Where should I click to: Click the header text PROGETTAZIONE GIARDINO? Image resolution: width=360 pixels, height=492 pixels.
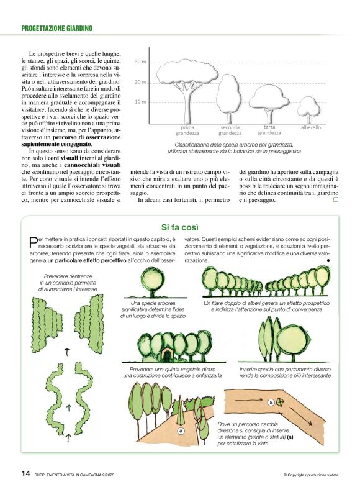[56, 28]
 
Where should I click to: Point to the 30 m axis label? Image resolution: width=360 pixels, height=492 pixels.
[140, 62]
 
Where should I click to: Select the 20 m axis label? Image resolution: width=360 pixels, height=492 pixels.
[140, 82]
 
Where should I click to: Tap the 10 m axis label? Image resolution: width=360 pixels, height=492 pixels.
[140, 101]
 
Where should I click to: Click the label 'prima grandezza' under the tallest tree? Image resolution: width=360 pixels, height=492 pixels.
[187, 130]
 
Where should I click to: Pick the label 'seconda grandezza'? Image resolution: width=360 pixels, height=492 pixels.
[230, 130]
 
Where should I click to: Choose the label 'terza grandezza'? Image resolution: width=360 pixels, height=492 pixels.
[269, 129]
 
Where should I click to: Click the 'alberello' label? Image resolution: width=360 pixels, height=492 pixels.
[310, 127]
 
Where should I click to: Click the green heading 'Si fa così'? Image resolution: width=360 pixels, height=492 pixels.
[179, 227]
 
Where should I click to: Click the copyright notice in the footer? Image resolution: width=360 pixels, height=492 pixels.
[310, 475]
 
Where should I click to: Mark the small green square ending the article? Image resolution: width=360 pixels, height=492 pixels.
[336, 200]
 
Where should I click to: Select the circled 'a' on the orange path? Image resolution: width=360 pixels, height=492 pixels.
[271, 403]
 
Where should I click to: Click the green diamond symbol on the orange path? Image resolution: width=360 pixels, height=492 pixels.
[280, 403]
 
